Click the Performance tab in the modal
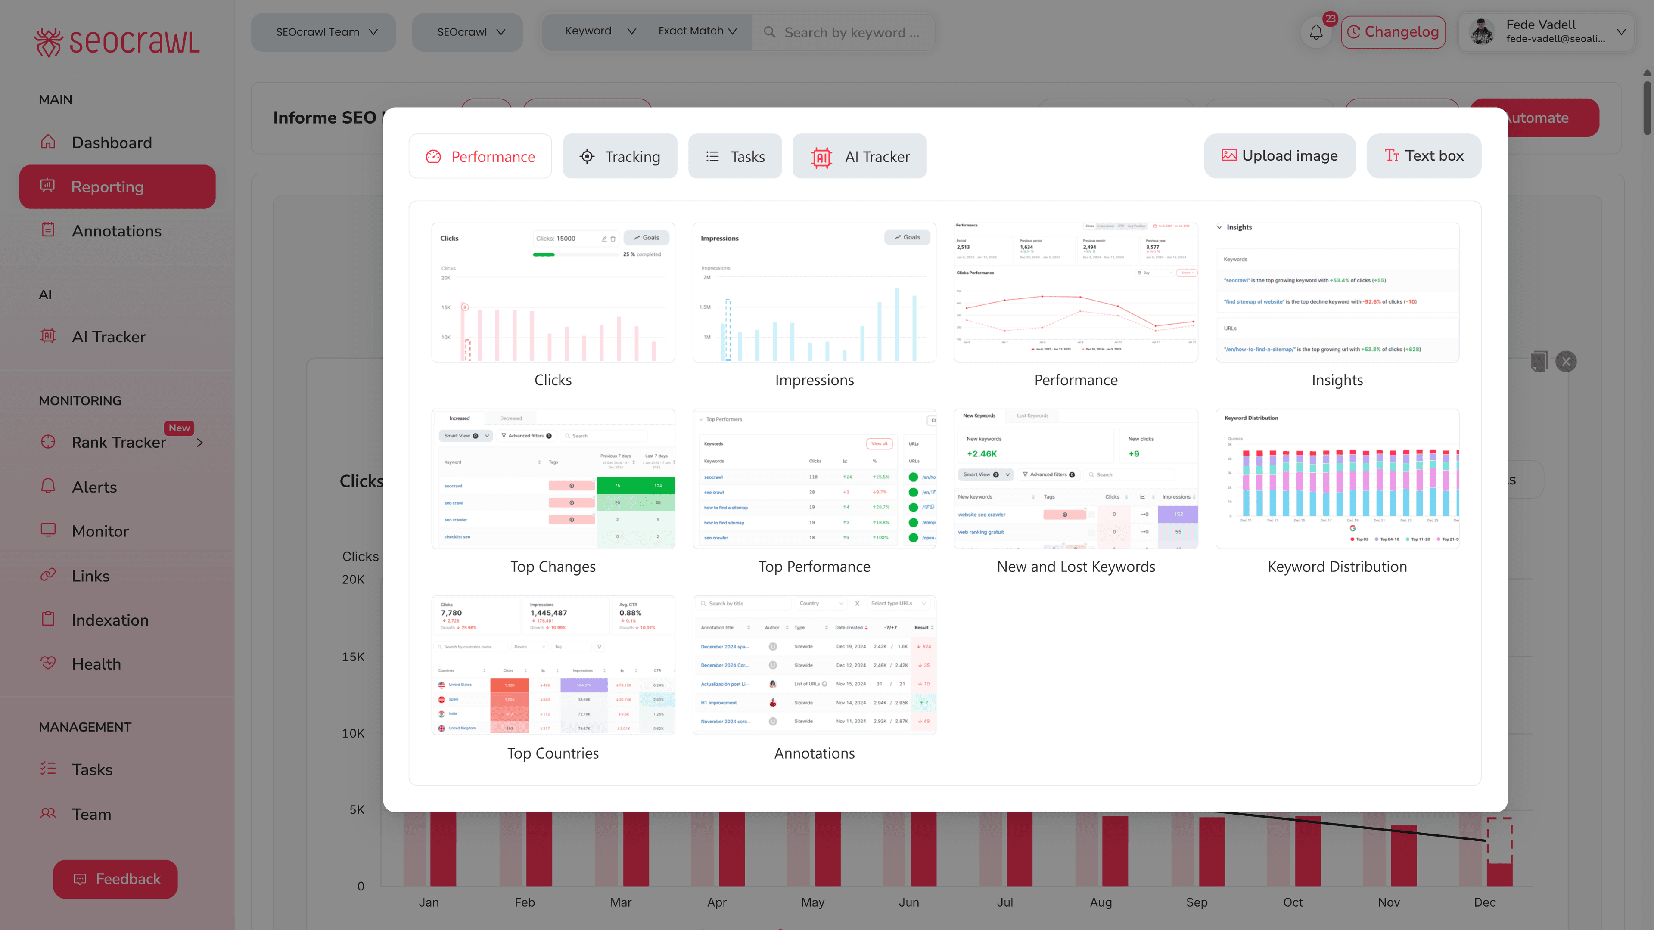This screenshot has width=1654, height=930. click(x=480, y=157)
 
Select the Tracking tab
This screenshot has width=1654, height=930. click(x=620, y=157)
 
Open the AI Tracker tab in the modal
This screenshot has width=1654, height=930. click(x=859, y=157)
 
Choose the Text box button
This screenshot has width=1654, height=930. click(x=1424, y=156)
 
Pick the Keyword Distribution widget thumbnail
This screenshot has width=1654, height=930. click(x=1337, y=479)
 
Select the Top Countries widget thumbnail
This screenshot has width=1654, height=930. click(x=553, y=665)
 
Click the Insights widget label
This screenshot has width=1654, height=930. click(x=1337, y=380)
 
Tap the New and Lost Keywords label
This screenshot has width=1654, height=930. click(x=1076, y=567)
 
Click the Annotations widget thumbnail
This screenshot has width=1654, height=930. click(x=814, y=665)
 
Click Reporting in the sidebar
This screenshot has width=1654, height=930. click(x=118, y=187)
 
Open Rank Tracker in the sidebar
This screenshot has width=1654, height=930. click(x=119, y=442)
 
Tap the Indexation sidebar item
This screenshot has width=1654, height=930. click(x=110, y=620)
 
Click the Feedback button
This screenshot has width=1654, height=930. click(x=115, y=879)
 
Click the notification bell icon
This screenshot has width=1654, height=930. click(x=1315, y=32)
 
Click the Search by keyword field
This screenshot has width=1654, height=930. click(x=851, y=33)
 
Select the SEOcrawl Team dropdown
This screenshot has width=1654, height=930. click(x=323, y=32)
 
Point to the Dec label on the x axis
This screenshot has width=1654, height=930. click(x=1484, y=902)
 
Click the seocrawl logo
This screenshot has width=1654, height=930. click(x=117, y=42)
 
